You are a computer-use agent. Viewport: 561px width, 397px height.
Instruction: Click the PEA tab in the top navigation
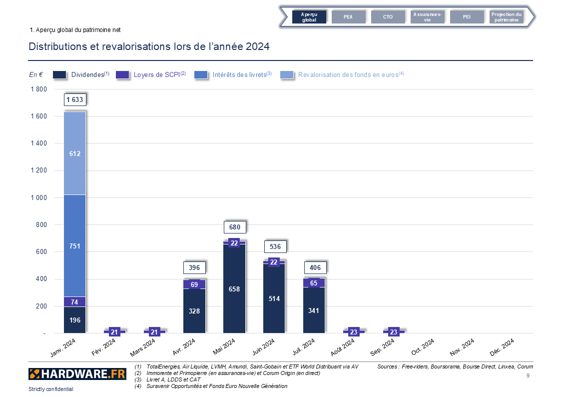[x=348, y=17]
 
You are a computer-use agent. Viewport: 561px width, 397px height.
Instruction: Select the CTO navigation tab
[x=388, y=17]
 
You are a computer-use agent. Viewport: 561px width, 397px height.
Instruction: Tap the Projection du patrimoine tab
[x=506, y=17]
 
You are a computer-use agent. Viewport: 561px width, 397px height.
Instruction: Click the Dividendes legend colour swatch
[x=59, y=74]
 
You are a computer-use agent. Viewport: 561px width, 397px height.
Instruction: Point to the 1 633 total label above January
[x=74, y=99]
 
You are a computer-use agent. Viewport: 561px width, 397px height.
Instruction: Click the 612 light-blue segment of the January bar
[x=74, y=153]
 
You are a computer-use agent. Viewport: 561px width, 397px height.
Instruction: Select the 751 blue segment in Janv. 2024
[x=74, y=245]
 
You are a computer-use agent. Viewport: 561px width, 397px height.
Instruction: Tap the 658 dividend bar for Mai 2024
[x=234, y=289]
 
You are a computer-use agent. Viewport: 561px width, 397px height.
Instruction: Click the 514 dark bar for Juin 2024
[x=274, y=298]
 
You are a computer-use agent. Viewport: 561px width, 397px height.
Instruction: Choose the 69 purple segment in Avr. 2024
[x=194, y=284]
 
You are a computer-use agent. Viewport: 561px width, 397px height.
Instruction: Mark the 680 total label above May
[x=234, y=227]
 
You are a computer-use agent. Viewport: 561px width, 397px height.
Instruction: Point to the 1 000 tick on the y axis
[x=37, y=197]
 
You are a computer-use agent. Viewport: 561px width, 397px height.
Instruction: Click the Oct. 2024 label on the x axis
[x=422, y=346]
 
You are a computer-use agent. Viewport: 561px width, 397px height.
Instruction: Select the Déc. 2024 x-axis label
[x=501, y=346]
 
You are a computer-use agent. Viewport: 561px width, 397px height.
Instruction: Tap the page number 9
[x=528, y=375]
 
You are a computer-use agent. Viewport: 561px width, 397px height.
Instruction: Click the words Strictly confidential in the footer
[x=51, y=389]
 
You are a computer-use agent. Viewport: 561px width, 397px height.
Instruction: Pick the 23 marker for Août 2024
[x=354, y=332]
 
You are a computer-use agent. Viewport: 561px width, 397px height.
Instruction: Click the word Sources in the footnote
[x=388, y=366]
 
